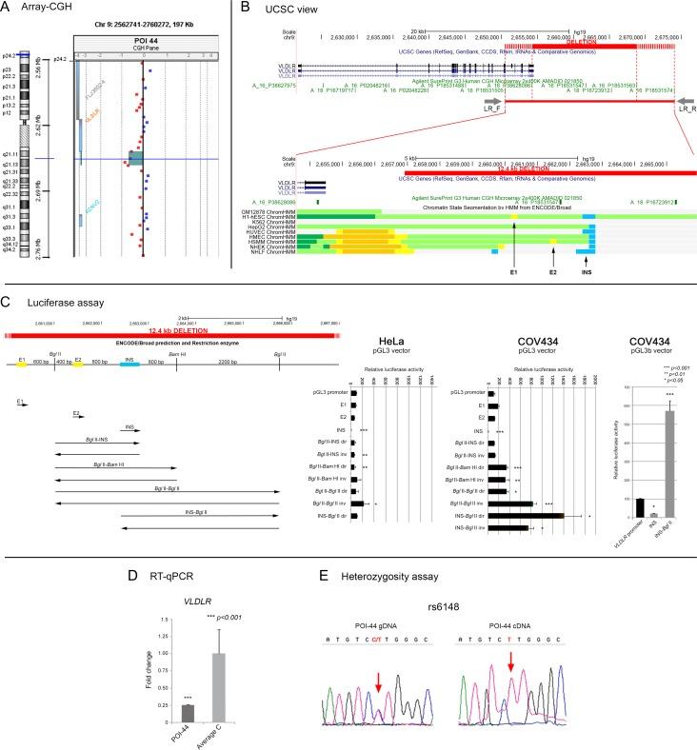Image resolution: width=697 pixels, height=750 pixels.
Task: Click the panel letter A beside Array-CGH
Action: pos(8,9)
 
